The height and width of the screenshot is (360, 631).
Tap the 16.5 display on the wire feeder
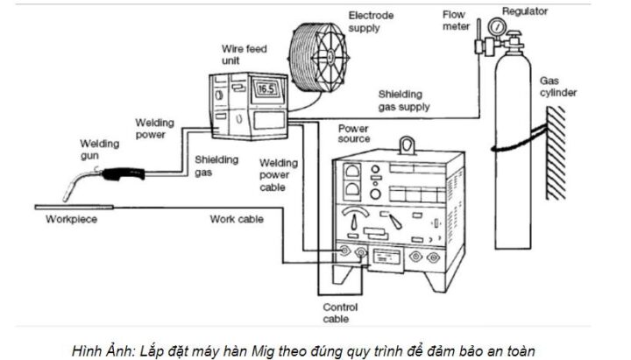267,88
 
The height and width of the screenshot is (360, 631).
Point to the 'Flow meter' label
456,20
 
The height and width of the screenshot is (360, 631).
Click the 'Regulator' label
524,11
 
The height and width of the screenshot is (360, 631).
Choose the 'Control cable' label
340,314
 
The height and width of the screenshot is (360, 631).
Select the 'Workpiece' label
71,219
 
